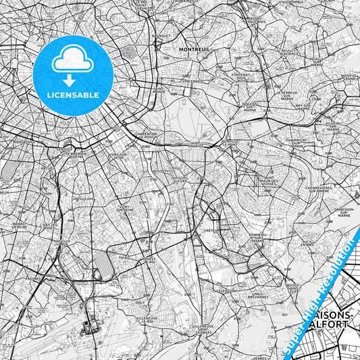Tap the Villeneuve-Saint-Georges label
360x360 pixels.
pyautogui.click(x=205, y=329)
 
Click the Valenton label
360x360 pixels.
pyautogui.click(x=224, y=290)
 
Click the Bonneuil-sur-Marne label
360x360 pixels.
pyautogui.click(x=257, y=237)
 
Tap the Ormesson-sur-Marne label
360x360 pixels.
pyautogui.click(x=343, y=213)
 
